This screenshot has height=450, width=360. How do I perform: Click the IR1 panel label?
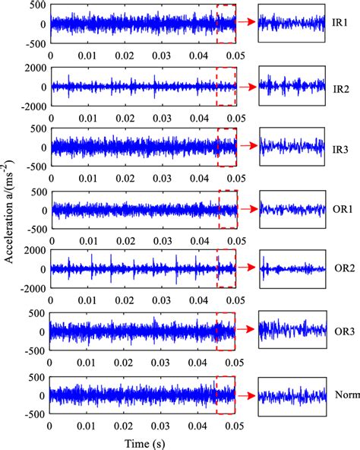[x=342, y=24]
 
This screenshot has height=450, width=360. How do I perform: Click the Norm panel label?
[x=346, y=395]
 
